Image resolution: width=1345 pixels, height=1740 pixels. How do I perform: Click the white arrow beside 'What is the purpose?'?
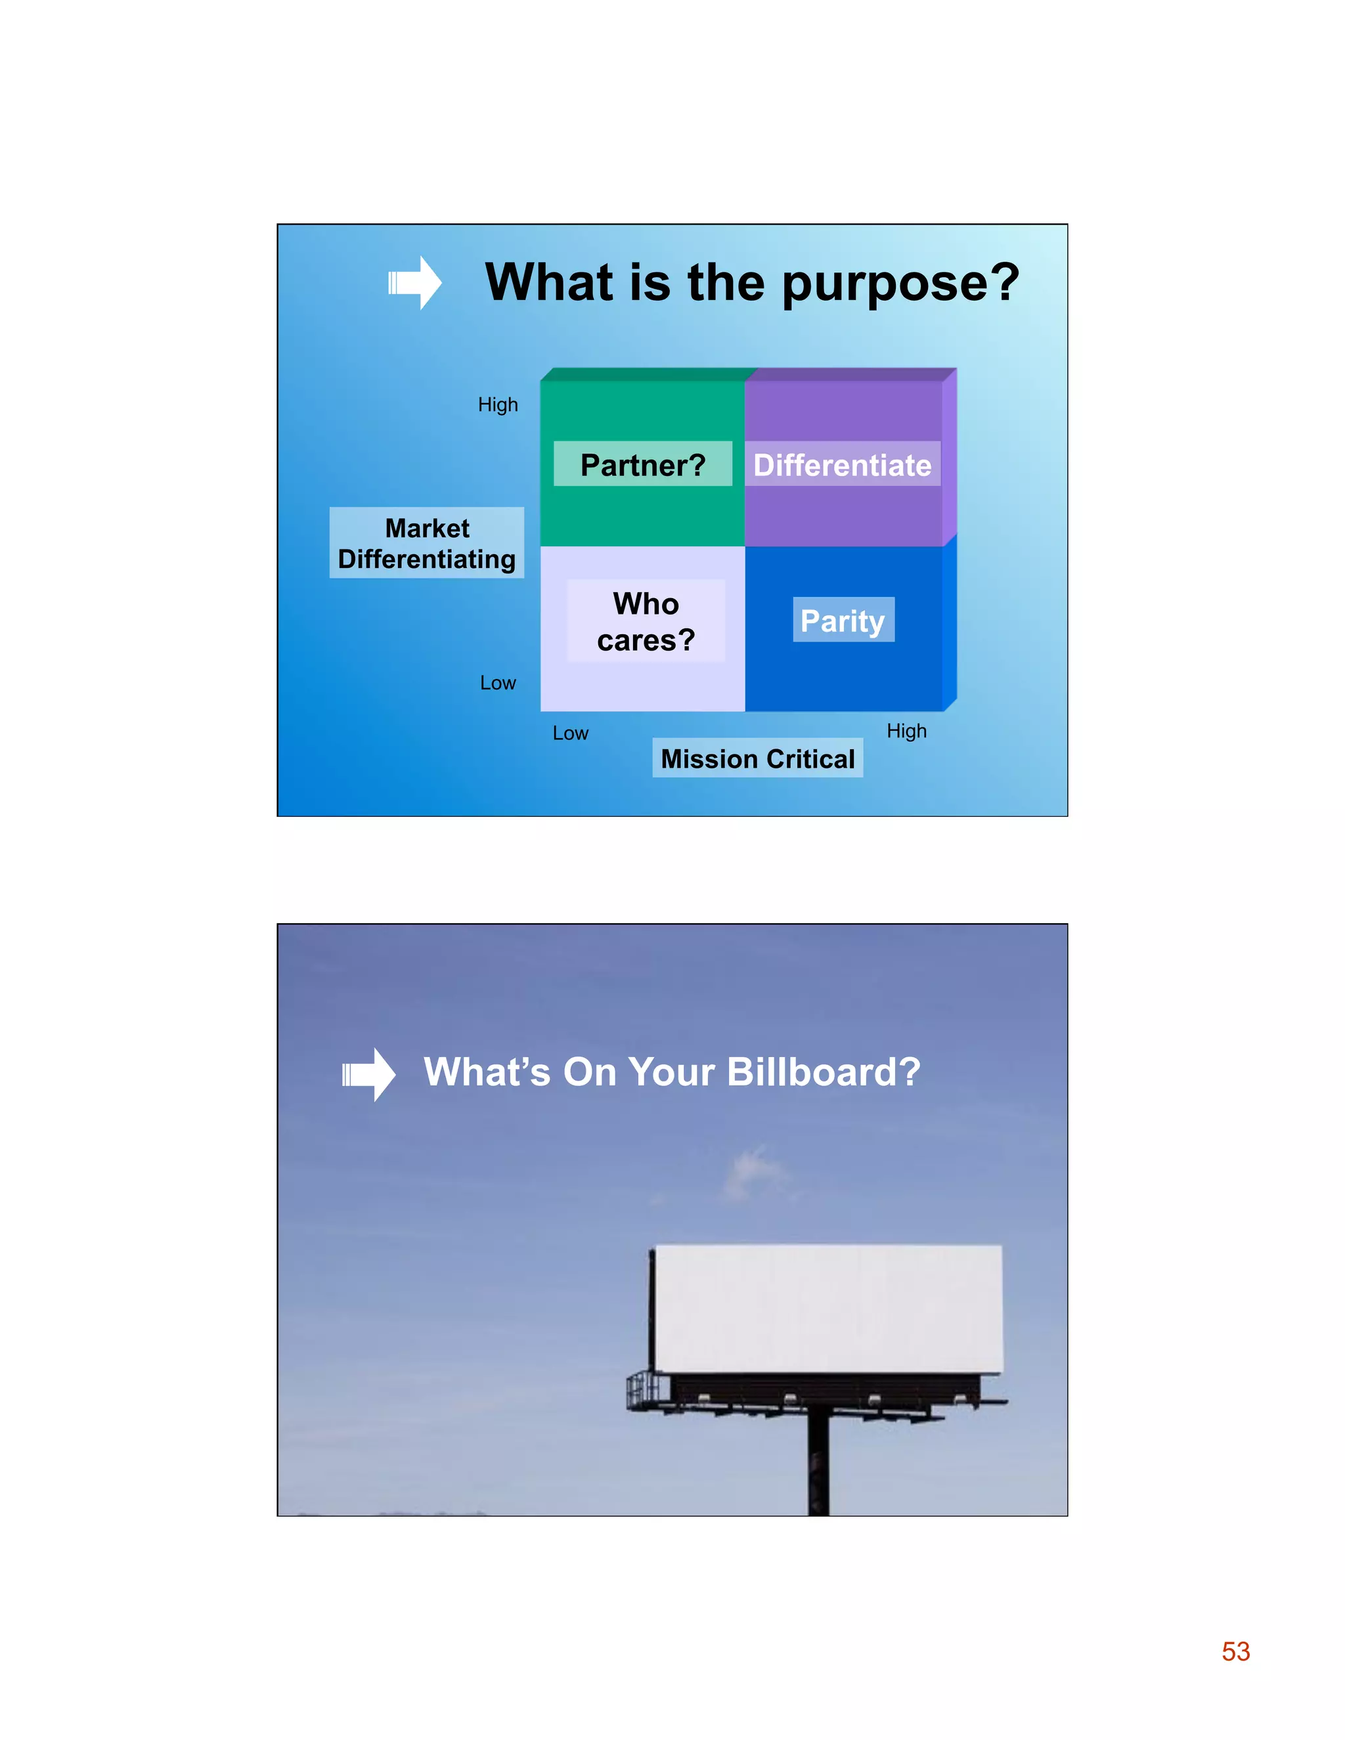tap(414, 283)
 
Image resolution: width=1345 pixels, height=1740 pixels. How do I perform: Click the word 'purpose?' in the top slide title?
tap(900, 284)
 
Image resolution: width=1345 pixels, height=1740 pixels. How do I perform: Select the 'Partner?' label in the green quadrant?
tap(643, 464)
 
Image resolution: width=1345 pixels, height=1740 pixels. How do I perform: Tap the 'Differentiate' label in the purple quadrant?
tap(842, 464)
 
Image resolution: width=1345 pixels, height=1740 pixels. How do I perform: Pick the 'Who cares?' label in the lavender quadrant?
tap(646, 621)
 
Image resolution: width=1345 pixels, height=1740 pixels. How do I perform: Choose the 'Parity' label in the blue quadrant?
tap(843, 620)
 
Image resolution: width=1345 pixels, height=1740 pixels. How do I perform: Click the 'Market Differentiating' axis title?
tap(427, 544)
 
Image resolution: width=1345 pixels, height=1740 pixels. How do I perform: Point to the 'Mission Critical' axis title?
tap(758, 758)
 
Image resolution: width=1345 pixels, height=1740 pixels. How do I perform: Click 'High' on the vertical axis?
tap(498, 404)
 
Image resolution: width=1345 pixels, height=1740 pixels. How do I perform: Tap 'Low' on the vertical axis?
tap(498, 683)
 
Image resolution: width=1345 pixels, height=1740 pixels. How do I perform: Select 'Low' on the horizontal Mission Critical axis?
tap(571, 733)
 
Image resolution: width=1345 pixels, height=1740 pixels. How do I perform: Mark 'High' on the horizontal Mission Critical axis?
tap(907, 731)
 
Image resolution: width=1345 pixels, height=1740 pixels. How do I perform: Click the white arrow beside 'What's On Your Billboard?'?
tap(368, 1074)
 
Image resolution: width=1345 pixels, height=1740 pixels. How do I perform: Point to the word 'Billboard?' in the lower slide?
tap(824, 1072)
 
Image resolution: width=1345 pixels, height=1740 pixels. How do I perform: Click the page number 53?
tap(1236, 1651)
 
